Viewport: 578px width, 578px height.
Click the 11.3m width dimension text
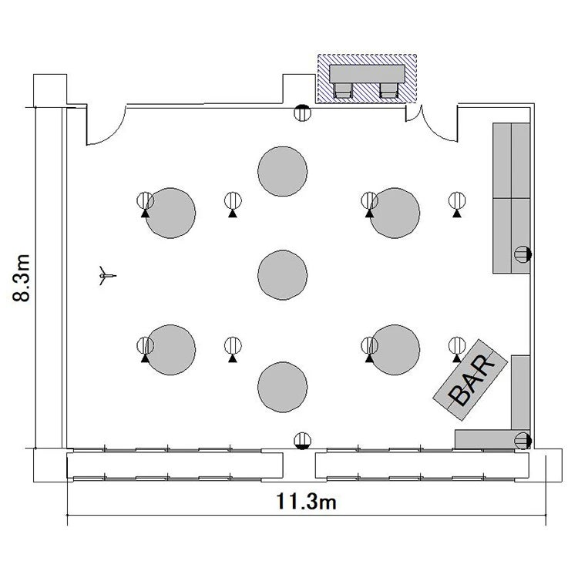coord(306,502)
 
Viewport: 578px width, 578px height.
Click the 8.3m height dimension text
coord(22,278)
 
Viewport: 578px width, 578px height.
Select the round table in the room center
coord(282,274)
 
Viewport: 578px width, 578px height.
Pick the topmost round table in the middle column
coord(282,171)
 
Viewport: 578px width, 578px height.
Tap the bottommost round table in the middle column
coord(282,387)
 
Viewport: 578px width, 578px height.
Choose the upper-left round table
coord(170,213)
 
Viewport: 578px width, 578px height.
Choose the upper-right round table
coord(395,213)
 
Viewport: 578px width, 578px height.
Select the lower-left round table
coord(170,350)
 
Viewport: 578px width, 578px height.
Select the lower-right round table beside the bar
coord(395,350)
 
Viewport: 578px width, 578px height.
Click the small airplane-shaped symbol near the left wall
coord(107,275)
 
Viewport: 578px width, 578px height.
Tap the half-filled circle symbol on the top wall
coord(302,113)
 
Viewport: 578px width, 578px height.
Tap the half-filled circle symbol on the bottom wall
coord(302,441)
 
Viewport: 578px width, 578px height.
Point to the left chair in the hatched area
coord(343,90)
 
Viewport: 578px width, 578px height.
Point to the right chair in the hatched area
coord(389,90)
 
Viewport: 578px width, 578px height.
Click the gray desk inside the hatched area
coord(367,74)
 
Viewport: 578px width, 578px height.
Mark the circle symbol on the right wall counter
coord(523,254)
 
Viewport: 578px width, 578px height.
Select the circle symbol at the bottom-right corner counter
coord(523,441)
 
